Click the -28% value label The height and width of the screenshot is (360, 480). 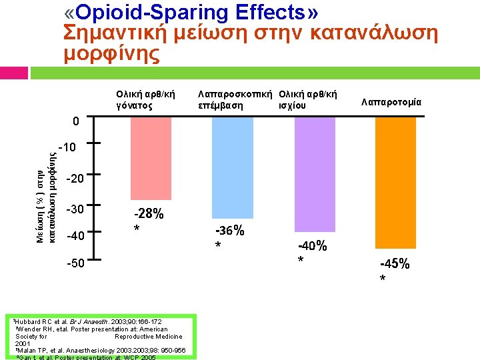(x=149, y=215)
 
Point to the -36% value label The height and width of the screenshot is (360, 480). (x=229, y=231)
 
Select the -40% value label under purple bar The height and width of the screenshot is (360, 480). (x=312, y=246)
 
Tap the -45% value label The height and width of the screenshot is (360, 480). (x=395, y=263)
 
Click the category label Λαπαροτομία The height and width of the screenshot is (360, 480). (x=391, y=102)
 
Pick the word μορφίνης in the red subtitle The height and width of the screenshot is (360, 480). (x=112, y=54)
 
